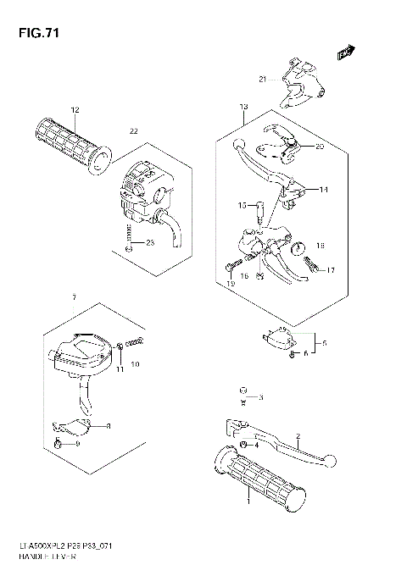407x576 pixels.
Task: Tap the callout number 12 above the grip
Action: point(75,110)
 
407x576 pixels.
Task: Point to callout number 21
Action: point(262,80)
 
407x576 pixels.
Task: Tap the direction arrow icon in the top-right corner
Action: point(345,53)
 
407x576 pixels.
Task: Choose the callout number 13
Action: point(243,107)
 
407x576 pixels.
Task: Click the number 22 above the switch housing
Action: point(132,130)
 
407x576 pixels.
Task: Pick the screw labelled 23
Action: point(126,247)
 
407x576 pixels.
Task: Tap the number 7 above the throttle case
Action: point(75,298)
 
